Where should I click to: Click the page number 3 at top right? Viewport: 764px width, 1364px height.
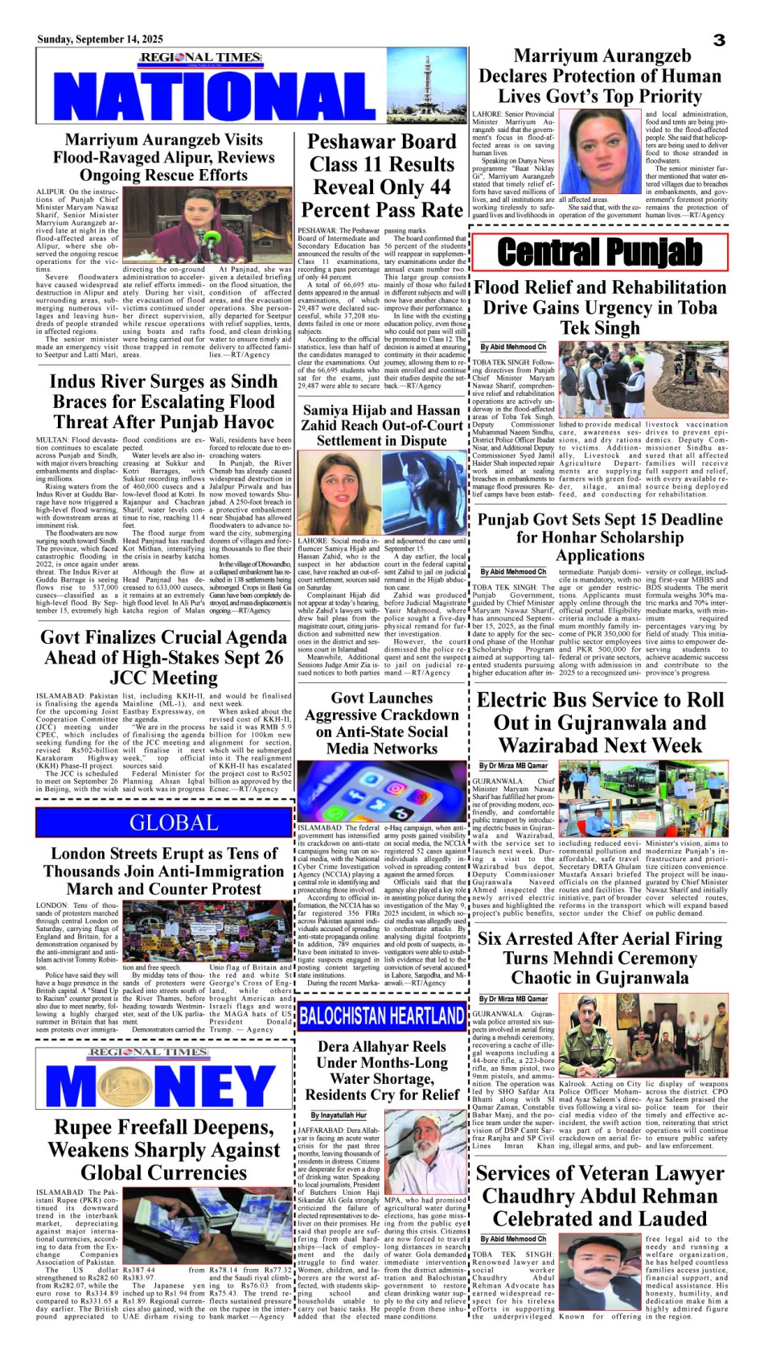[719, 40]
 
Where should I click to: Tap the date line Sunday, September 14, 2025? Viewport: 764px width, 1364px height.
[100, 39]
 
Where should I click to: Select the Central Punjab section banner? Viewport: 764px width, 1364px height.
[600, 252]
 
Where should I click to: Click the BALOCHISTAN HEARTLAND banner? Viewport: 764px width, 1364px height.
[382, 1015]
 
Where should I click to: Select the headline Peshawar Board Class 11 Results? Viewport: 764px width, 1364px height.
[382, 175]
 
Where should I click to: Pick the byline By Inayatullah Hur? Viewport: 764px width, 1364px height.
[339, 1115]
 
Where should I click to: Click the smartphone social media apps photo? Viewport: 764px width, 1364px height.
[382, 790]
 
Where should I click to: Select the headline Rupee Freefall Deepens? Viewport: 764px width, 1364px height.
[163, 1149]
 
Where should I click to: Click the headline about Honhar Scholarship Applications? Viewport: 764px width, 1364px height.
[600, 537]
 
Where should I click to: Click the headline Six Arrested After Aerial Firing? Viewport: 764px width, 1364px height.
[600, 958]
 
